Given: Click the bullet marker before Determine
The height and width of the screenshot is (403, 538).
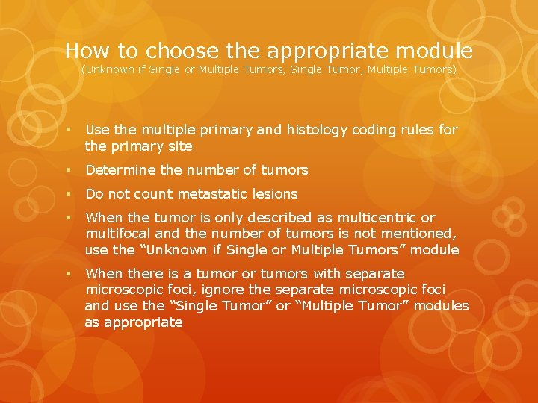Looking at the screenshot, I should [x=69, y=170].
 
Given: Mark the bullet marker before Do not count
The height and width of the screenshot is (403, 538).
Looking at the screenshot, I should [x=69, y=194].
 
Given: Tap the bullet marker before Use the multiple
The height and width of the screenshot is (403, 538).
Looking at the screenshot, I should [x=69, y=130].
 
